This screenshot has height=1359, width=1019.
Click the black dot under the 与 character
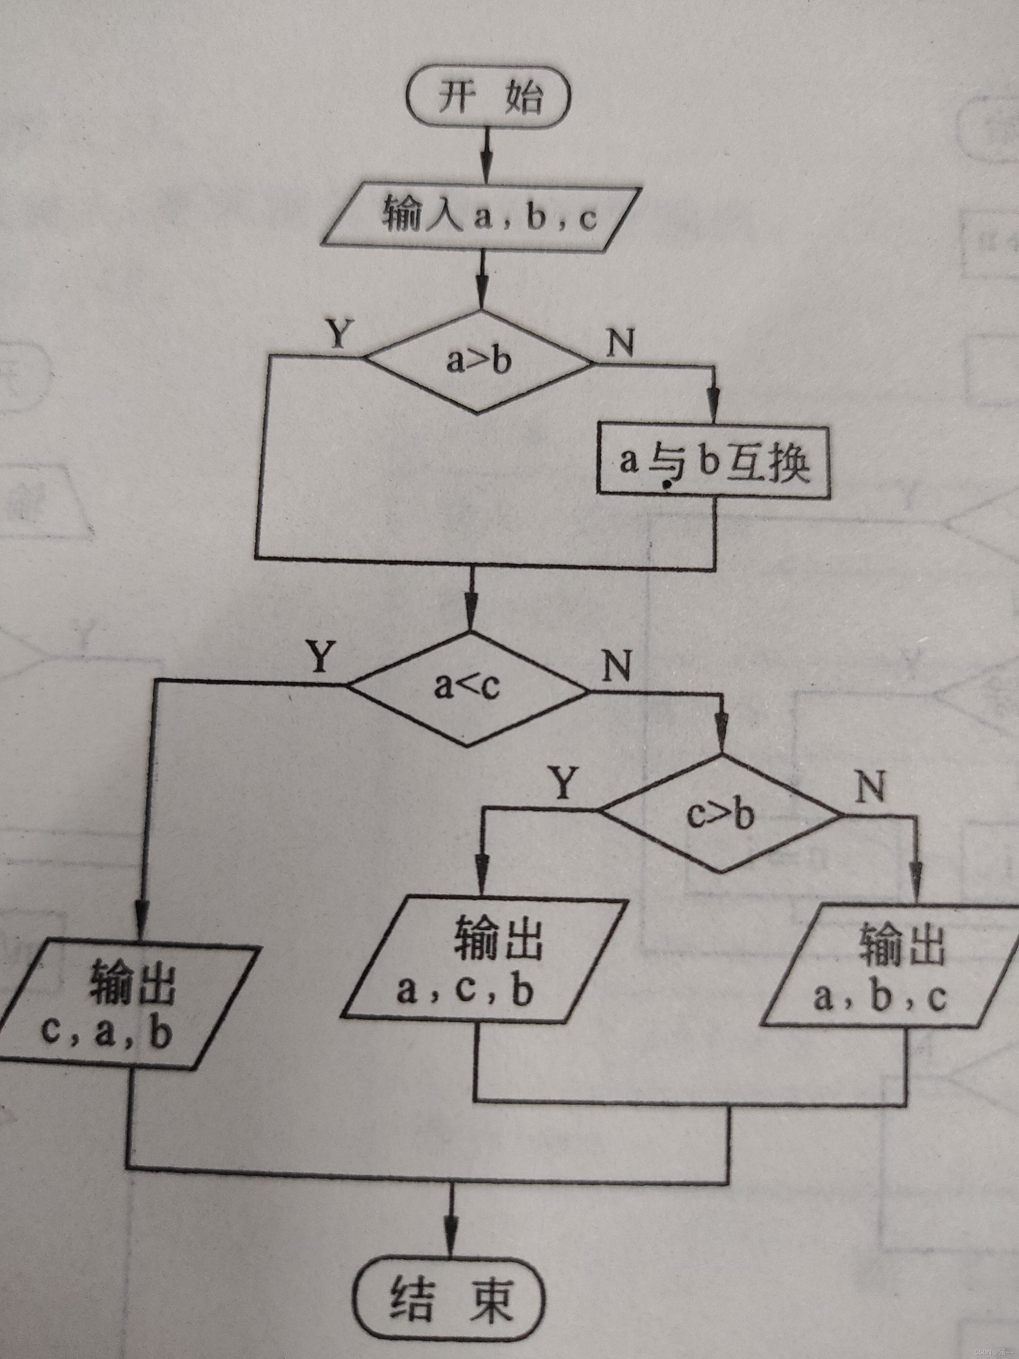[x=665, y=486]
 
